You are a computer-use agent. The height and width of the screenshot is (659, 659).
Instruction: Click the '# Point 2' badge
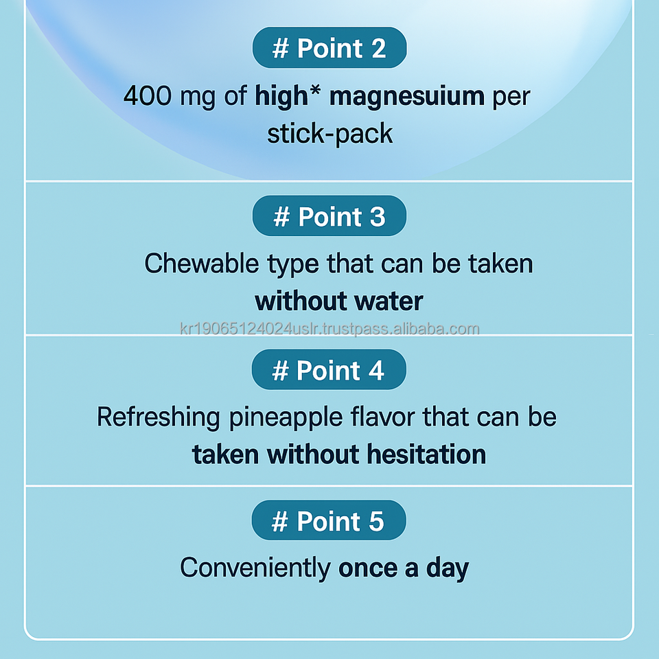pos(329,47)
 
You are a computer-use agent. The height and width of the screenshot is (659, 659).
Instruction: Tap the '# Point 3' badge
pos(329,216)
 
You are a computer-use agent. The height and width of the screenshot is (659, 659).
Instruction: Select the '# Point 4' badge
pos(329,370)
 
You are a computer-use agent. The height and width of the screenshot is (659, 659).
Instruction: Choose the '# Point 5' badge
pos(329,520)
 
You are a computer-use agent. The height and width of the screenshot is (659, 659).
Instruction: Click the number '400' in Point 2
pos(147,95)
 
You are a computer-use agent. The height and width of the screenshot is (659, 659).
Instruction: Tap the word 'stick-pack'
pos(330,135)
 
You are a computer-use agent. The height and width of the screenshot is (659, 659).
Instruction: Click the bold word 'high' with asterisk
pos(288,97)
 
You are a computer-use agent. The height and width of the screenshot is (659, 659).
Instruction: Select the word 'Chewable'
pos(201,264)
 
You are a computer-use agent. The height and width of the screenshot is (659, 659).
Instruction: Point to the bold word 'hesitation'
pos(426,454)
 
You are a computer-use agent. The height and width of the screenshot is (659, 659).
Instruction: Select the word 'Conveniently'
pos(255,568)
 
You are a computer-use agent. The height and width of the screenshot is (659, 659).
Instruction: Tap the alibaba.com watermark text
pos(329,329)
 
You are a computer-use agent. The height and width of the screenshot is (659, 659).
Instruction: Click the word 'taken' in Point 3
pos(500,264)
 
